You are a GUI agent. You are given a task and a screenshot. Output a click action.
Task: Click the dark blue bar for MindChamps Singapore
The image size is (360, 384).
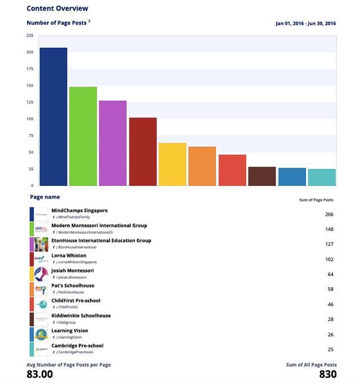pos(53,117)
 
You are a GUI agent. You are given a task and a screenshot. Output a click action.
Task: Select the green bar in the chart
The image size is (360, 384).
pos(83,136)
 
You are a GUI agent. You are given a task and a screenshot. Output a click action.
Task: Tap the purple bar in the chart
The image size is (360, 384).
pos(113,143)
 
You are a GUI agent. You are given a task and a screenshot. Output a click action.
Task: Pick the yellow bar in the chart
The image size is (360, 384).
pos(173,164)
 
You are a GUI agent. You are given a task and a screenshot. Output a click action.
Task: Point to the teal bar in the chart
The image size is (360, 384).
pos(322,177)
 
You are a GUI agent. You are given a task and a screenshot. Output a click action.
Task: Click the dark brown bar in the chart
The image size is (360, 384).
pos(262,176)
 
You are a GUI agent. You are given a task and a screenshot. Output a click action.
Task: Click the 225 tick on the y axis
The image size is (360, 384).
pos(29,35)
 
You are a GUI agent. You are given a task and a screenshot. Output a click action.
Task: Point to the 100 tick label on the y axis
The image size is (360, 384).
pos(29,119)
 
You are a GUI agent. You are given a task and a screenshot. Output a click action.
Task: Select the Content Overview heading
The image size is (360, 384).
pos(57,8)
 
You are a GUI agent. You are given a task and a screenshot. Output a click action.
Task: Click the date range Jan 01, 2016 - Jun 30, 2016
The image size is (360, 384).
pos(306,24)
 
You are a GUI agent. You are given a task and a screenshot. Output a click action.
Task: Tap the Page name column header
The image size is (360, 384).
pos(45,197)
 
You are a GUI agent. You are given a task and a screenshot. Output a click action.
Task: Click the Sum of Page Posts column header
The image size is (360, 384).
pos(316,200)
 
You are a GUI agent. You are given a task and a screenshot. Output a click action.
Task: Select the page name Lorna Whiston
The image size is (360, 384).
pos(69,256)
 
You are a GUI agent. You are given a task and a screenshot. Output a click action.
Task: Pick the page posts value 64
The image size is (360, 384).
pos(331,274)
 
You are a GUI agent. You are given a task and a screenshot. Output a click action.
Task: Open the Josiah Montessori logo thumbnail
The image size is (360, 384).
pos(41,274)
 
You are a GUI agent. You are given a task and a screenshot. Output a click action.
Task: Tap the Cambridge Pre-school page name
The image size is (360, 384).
pos(77,346)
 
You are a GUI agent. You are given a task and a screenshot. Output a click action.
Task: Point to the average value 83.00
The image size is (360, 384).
pos(40,374)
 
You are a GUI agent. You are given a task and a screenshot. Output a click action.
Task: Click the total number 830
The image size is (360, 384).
pos(328,374)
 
